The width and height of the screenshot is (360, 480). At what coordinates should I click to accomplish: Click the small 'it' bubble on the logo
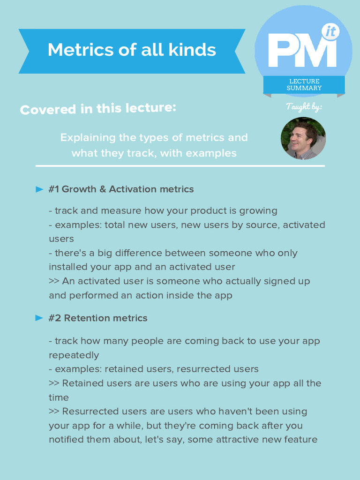(x=330, y=32)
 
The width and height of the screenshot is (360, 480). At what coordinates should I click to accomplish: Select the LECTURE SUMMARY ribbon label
(x=304, y=85)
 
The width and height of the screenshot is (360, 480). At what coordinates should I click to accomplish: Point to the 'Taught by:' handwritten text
(x=303, y=107)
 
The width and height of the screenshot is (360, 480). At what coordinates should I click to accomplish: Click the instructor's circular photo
(x=303, y=138)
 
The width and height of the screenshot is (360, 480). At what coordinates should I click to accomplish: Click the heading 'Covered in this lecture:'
(x=98, y=109)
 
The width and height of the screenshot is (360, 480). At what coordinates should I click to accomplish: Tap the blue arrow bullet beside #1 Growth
(x=39, y=189)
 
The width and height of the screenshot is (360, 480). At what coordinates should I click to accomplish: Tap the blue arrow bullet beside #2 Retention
(x=39, y=318)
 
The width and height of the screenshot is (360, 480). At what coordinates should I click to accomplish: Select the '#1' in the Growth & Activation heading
(x=53, y=189)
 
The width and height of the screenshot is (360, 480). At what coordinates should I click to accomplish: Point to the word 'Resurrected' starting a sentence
(x=90, y=412)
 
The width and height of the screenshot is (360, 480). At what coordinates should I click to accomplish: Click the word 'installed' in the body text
(x=67, y=267)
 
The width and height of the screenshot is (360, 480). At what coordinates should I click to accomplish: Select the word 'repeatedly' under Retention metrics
(x=74, y=355)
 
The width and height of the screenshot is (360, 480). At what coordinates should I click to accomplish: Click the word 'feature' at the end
(x=300, y=440)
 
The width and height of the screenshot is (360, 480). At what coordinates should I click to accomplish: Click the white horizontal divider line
(x=180, y=166)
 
